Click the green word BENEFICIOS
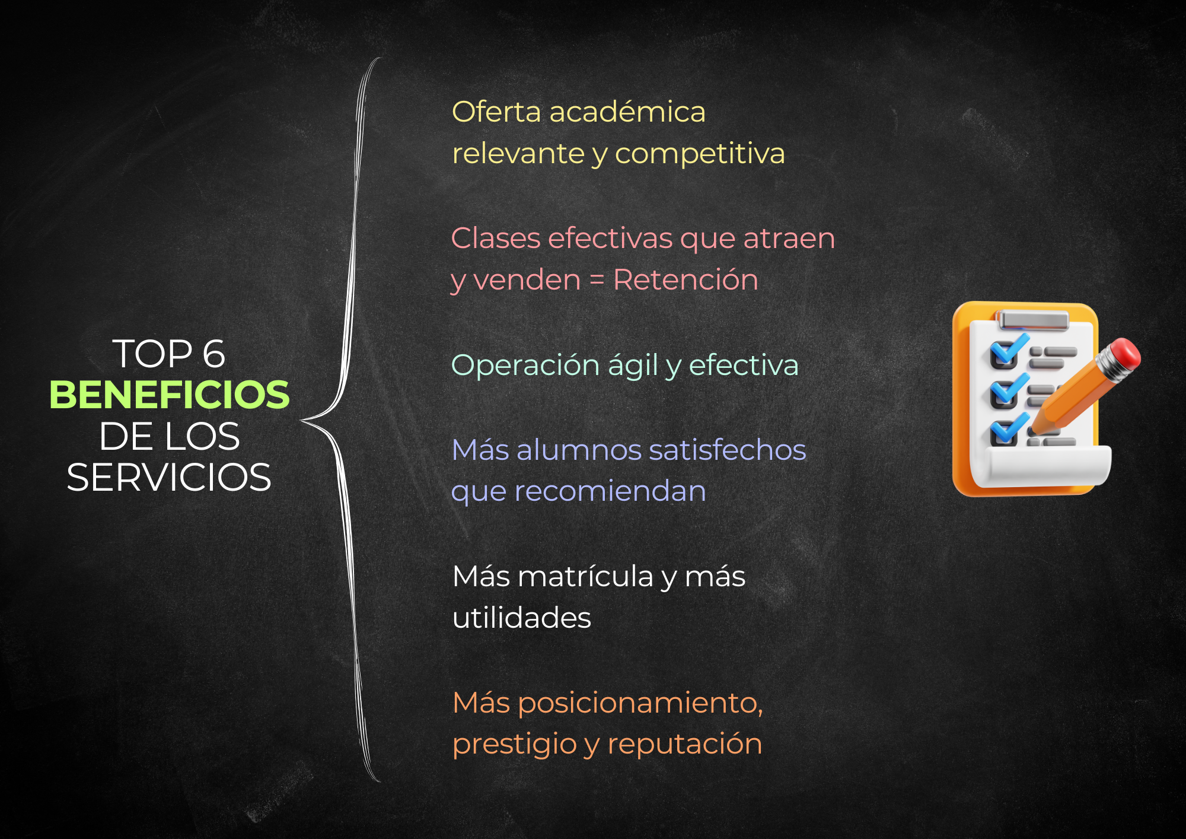170,395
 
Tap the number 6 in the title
214,354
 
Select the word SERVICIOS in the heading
169,478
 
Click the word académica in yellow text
627,112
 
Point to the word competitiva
700,154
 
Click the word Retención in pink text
686,279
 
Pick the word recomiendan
610,491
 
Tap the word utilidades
522,618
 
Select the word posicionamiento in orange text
639,704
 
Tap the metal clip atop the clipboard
1034,320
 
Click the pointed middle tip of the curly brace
302,421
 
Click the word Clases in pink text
496,239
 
